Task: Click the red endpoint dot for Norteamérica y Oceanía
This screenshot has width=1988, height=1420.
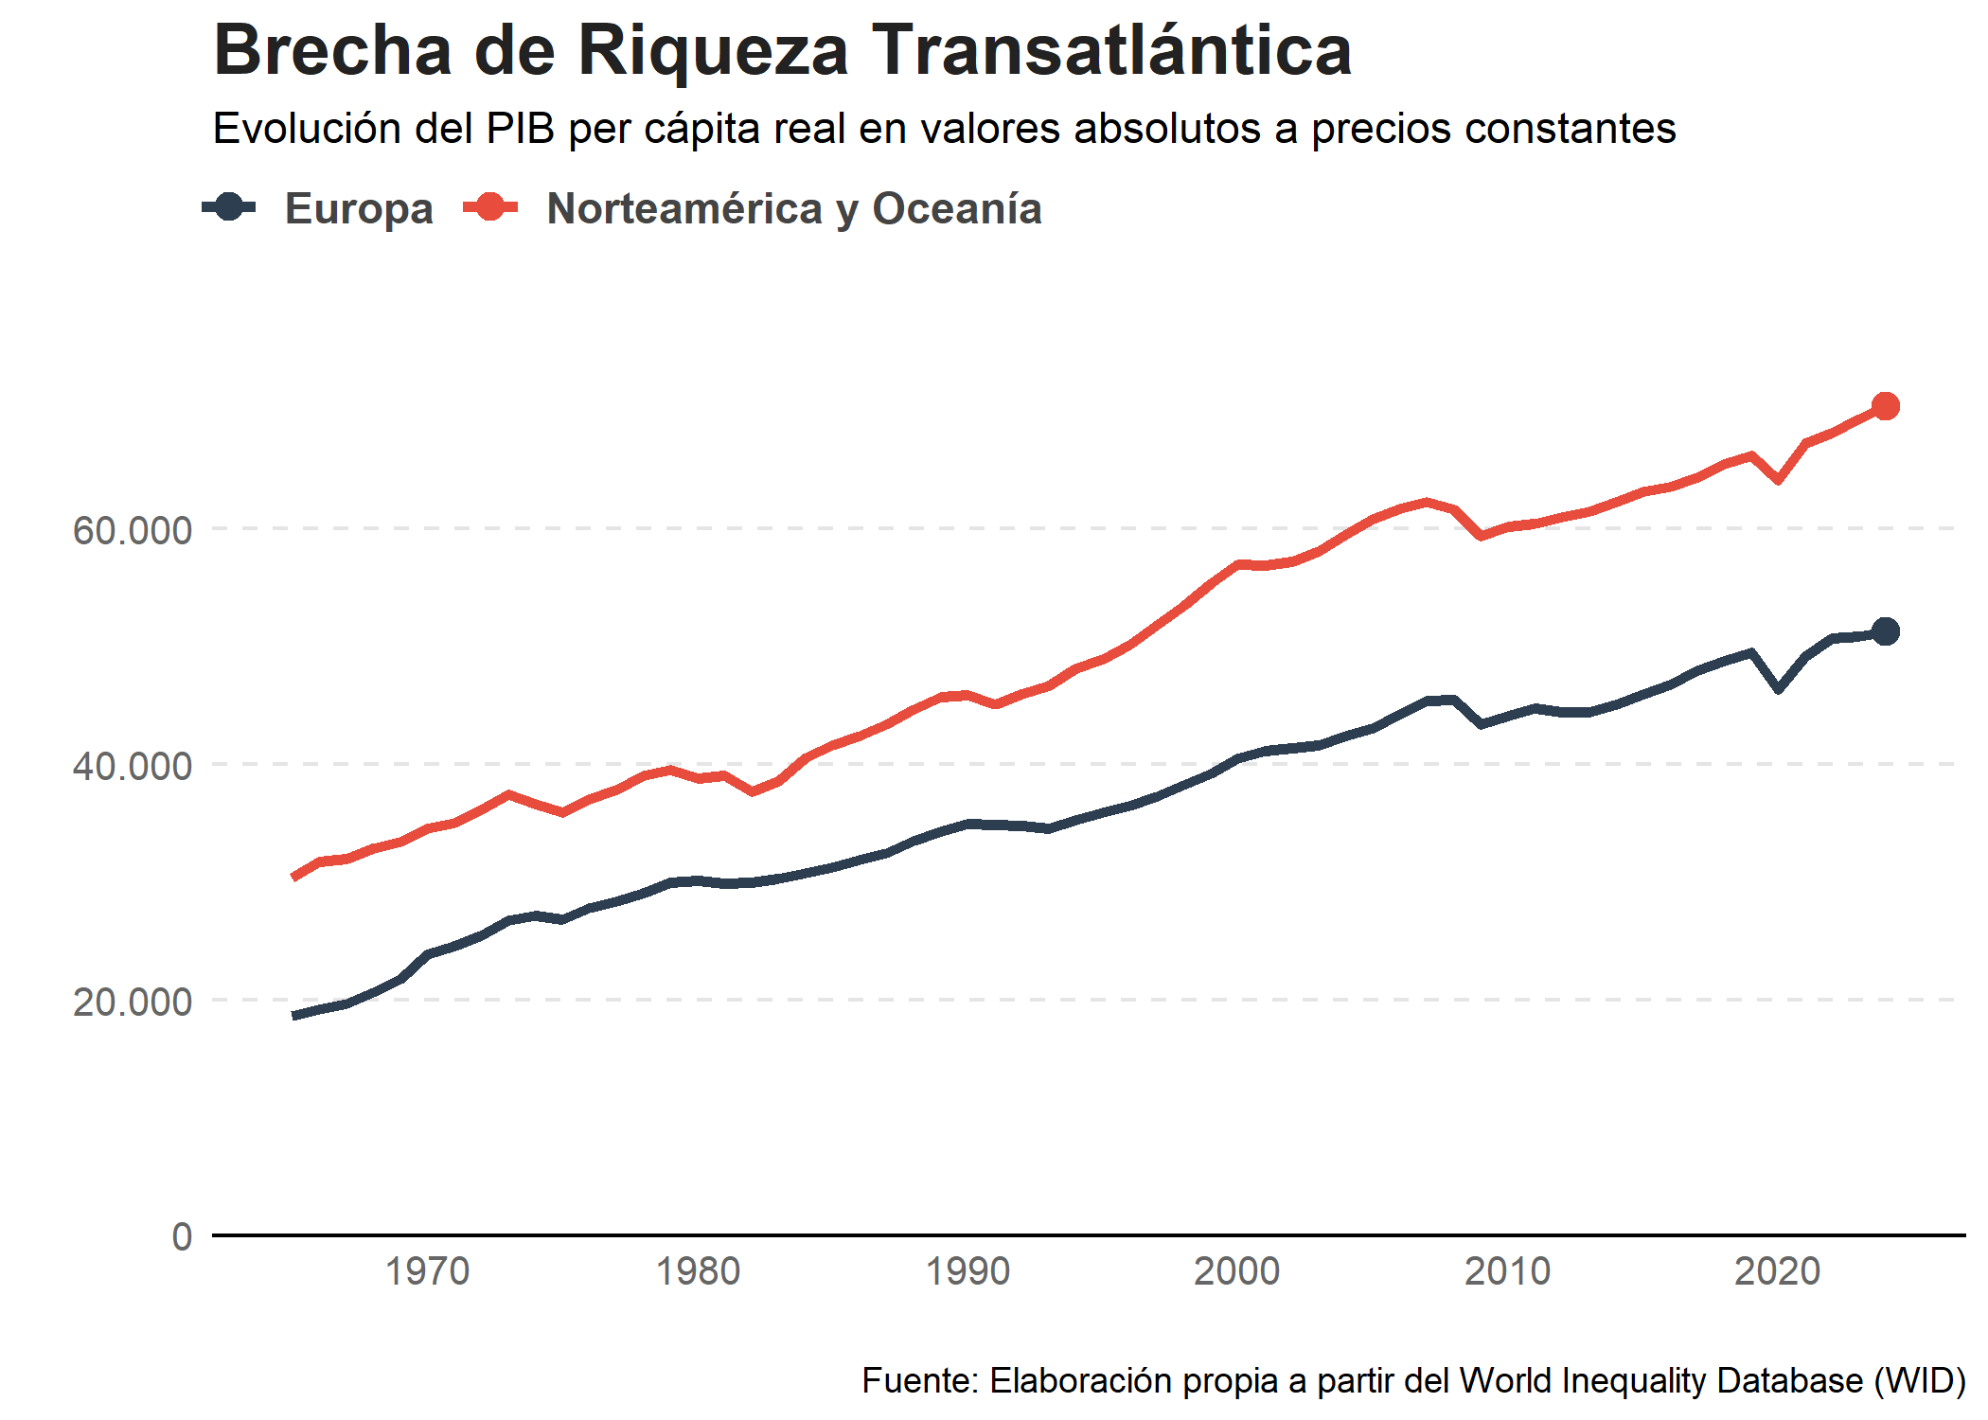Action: pyautogui.click(x=1885, y=406)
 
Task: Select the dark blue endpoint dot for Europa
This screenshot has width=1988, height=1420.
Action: pyautogui.click(x=1885, y=631)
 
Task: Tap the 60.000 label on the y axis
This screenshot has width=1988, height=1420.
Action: pyautogui.click(x=133, y=530)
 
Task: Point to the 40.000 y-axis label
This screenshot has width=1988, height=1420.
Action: pyautogui.click(x=133, y=766)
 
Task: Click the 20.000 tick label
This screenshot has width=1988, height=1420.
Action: pyautogui.click(x=133, y=1002)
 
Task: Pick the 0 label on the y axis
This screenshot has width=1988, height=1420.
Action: pyautogui.click(x=182, y=1236)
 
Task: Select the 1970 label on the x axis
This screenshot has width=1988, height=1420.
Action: pyautogui.click(x=427, y=1271)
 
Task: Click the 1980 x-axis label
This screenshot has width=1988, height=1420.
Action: pyautogui.click(x=698, y=1271)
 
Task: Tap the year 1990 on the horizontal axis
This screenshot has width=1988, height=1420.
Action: pyautogui.click(x=967, y=1271)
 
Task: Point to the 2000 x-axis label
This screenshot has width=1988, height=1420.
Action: pyautogui.click(x=1237, y=1271)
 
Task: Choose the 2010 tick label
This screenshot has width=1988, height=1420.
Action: pyautogui.click(x=1507, y=1271)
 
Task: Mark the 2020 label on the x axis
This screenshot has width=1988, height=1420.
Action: pyautogui.click(x=1777, y=1271)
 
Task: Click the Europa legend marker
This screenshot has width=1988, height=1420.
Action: pyautogui.click(x=229, y=207)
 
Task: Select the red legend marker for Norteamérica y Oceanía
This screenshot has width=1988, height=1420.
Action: pyautogui.click(x=490, y=207)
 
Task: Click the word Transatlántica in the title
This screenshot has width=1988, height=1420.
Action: pyautogui.click(x=1111, y=50)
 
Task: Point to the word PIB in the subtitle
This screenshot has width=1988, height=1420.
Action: pyautogui.click(x=520, y=129)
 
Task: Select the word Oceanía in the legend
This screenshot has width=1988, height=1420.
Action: pyautogui.click(x=956, y=209)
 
